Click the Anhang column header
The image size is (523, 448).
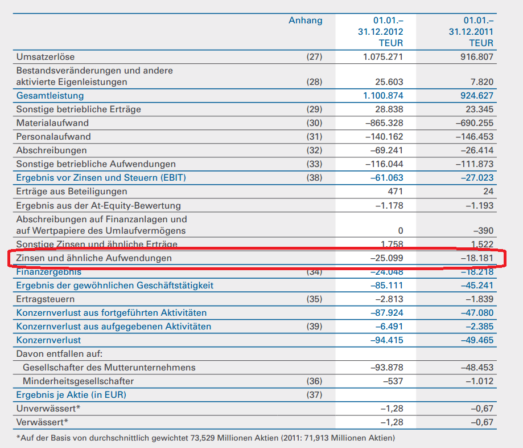click(305, 21)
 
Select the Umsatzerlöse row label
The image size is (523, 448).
click(46, 56)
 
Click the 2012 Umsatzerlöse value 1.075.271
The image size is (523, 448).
click(383, 56)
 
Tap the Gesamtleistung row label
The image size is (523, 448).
click(50, 95)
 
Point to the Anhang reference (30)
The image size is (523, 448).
click(314, 123)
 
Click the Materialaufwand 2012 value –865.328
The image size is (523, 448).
click(382, 123)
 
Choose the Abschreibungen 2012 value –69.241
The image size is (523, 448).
click(385, 150)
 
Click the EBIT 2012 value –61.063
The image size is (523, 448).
click(385, 178)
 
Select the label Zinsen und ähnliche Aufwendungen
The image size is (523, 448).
click(94, 258)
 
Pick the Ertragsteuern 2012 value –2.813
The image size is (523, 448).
click(388, 299)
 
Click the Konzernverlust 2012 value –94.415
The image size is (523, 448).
click(385, 340)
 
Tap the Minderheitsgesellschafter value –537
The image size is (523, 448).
click(392, 381)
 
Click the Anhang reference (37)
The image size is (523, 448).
click(314, 394)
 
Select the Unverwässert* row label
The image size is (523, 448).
click(48, 408)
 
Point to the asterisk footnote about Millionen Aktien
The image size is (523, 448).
click(205, 438)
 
